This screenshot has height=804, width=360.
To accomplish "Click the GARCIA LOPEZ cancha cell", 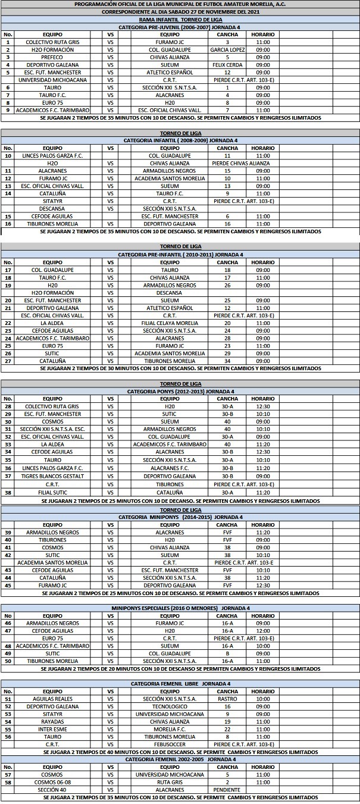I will point(227,49).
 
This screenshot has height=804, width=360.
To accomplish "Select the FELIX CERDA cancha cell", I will point(227,65).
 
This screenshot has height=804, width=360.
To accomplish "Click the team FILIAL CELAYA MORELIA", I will point(170,323).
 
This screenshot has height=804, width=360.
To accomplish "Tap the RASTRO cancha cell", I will point(227,699).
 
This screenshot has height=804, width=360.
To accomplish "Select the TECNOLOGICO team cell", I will point(170,706).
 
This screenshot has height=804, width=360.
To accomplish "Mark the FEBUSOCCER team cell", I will point(170,744).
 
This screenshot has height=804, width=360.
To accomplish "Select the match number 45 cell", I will point(8,585).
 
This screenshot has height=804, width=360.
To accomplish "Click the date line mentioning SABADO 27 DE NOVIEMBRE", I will point(180,11).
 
